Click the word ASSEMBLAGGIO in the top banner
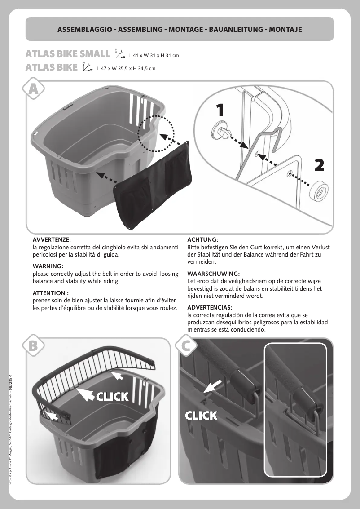point(85,30)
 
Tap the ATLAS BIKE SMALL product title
point(68,54)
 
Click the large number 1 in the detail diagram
point(220,109)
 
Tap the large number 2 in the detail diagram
point(319,165)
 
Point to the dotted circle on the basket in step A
point(156,133)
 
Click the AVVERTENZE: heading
point(52,240)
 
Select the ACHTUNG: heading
point(202,240)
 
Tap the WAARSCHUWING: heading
point(213,274)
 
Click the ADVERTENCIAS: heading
point(210,307)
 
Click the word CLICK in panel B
point(113,396)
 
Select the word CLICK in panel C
point(202,415)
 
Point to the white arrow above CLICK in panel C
point(213,385)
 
